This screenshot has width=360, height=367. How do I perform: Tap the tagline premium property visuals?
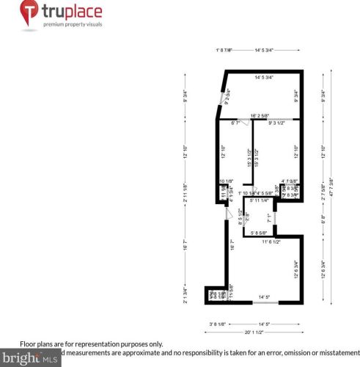73,24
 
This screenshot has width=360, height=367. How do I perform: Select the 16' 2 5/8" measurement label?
264,115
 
